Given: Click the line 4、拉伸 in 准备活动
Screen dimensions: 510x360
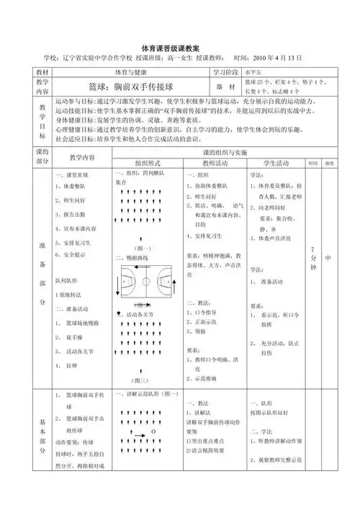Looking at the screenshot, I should pyautogui.click(x=71, y=366).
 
